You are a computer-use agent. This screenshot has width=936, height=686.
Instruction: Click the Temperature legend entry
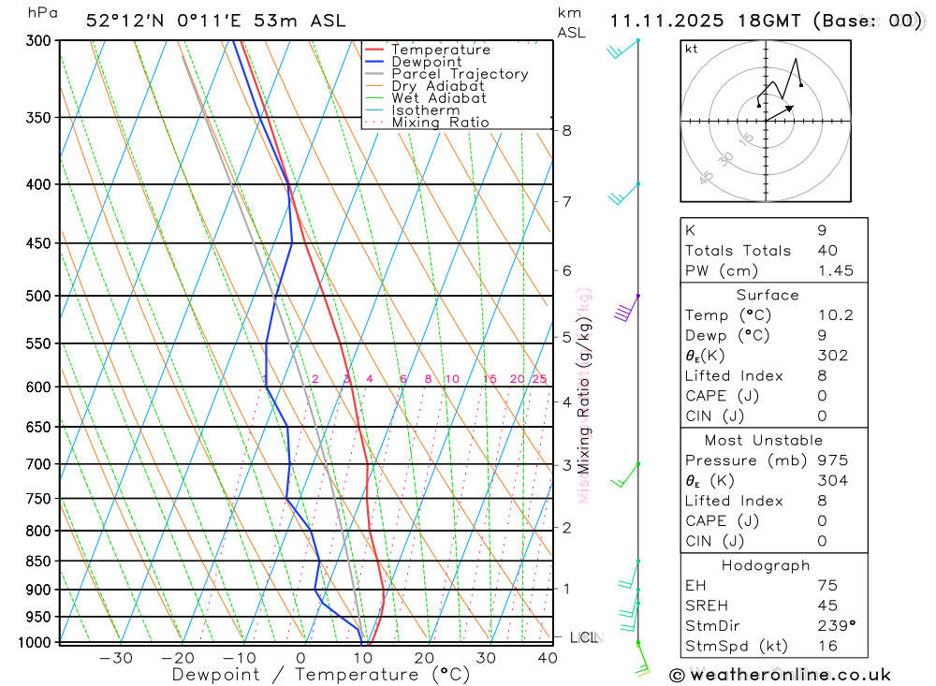click(440, 50)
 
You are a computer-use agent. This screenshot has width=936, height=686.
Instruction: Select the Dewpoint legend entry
click(426, 62)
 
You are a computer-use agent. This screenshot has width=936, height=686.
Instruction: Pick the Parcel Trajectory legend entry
click(459, 74)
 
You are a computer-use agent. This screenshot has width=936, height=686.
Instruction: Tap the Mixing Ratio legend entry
click(440, 123)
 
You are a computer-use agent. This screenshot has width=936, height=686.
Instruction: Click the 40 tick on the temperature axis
click(548, 658)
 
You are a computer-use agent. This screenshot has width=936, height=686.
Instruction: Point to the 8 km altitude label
click(566, 130)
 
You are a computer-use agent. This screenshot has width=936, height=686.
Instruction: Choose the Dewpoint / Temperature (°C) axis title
click(321, 675)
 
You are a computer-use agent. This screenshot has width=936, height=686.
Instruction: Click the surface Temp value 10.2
click(835, 315)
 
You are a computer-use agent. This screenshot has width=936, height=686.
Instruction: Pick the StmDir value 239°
click(831, 625)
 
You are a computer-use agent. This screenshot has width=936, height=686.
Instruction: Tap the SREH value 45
click(826, 606)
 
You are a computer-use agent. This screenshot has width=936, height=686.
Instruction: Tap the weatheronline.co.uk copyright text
click(781, 675)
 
